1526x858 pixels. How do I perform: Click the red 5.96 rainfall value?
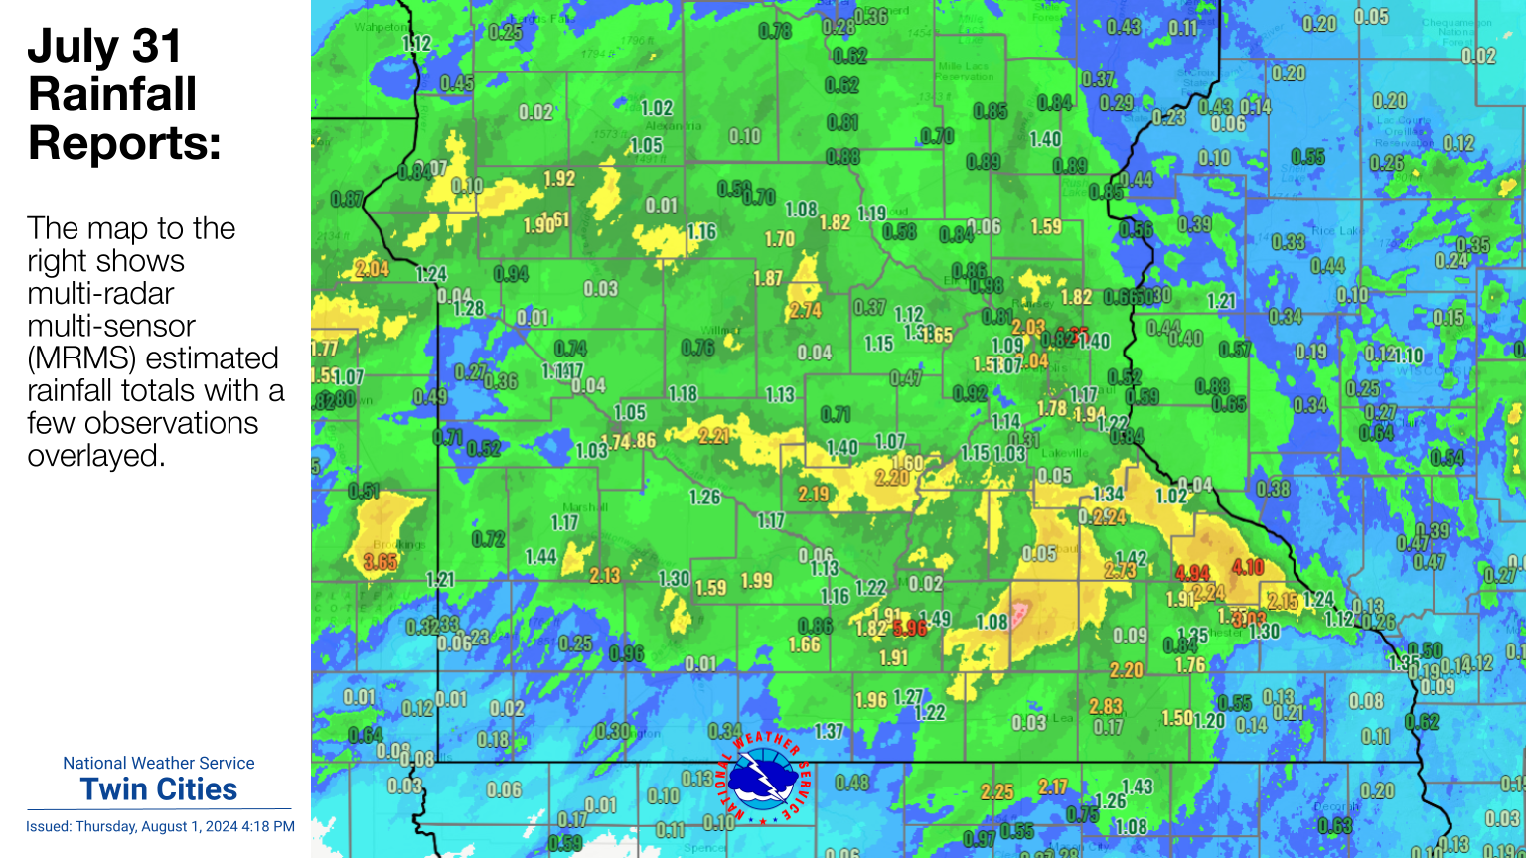[x=909, y=628]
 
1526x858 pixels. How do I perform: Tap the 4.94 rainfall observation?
[x=1192, y=573]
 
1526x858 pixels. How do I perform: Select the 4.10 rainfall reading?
[x=1248, y=567]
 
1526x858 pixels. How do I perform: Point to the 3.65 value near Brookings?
[x=381, y=562]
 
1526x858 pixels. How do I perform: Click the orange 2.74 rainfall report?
[x=805, y=310]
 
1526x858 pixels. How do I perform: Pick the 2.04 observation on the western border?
[x=373, y=269]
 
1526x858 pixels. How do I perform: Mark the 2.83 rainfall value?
[x=1106, y=706]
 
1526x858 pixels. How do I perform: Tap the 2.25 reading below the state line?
[x=996, y=791]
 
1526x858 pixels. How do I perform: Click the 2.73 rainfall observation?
[x=1120, y=571]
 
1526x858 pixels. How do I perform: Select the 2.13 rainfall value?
[x=604, y=575]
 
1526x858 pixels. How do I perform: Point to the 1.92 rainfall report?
[x=559, y=179]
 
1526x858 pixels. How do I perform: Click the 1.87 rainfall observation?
[x=768, y=279]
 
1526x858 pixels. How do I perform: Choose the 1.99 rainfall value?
[x=756, y=581]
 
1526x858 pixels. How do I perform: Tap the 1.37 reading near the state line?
[x=829, y=732]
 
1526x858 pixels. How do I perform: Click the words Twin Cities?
[x=159, y=789]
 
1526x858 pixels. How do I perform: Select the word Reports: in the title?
[x=124, y=143]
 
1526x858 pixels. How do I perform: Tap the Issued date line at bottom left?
[x=160, y=826]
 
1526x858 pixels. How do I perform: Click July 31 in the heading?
[x=104, y=46]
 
